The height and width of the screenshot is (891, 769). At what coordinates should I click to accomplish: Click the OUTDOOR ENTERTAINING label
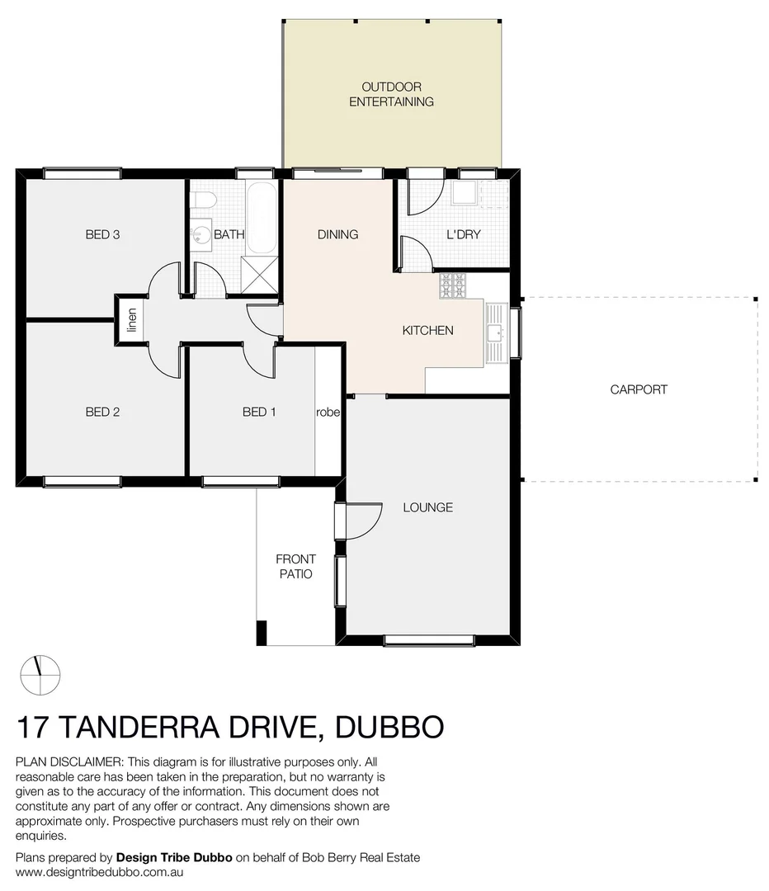(x=391, y=94)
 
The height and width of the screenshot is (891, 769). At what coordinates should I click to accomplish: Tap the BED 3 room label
(x=103, y=234)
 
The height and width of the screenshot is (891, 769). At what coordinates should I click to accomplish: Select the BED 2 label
(x=103, y=412)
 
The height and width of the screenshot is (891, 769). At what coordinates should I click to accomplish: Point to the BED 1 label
(x=259, y=412)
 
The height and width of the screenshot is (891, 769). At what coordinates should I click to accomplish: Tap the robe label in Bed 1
(x=328, y=412)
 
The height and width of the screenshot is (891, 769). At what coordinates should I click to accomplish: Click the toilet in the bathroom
(x=203, y=201)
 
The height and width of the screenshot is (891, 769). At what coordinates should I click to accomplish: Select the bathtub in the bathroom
(x=262, y=216)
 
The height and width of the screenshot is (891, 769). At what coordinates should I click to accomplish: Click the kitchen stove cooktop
(x=453, y=286)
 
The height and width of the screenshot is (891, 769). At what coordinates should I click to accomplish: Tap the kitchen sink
(x=496, y=332)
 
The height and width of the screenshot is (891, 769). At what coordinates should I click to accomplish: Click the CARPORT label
(x=639, y=389)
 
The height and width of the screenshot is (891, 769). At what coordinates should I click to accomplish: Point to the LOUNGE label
(x=427, y=507)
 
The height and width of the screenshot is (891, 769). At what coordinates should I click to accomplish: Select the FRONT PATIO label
(x=295, y=567)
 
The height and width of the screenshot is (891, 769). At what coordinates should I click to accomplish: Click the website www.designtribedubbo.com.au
(x=99, y=871)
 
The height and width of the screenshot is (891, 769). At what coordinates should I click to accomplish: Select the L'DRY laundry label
(x=464, y=234)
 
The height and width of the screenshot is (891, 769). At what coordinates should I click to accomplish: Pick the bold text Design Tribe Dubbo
(x=174, y=857)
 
